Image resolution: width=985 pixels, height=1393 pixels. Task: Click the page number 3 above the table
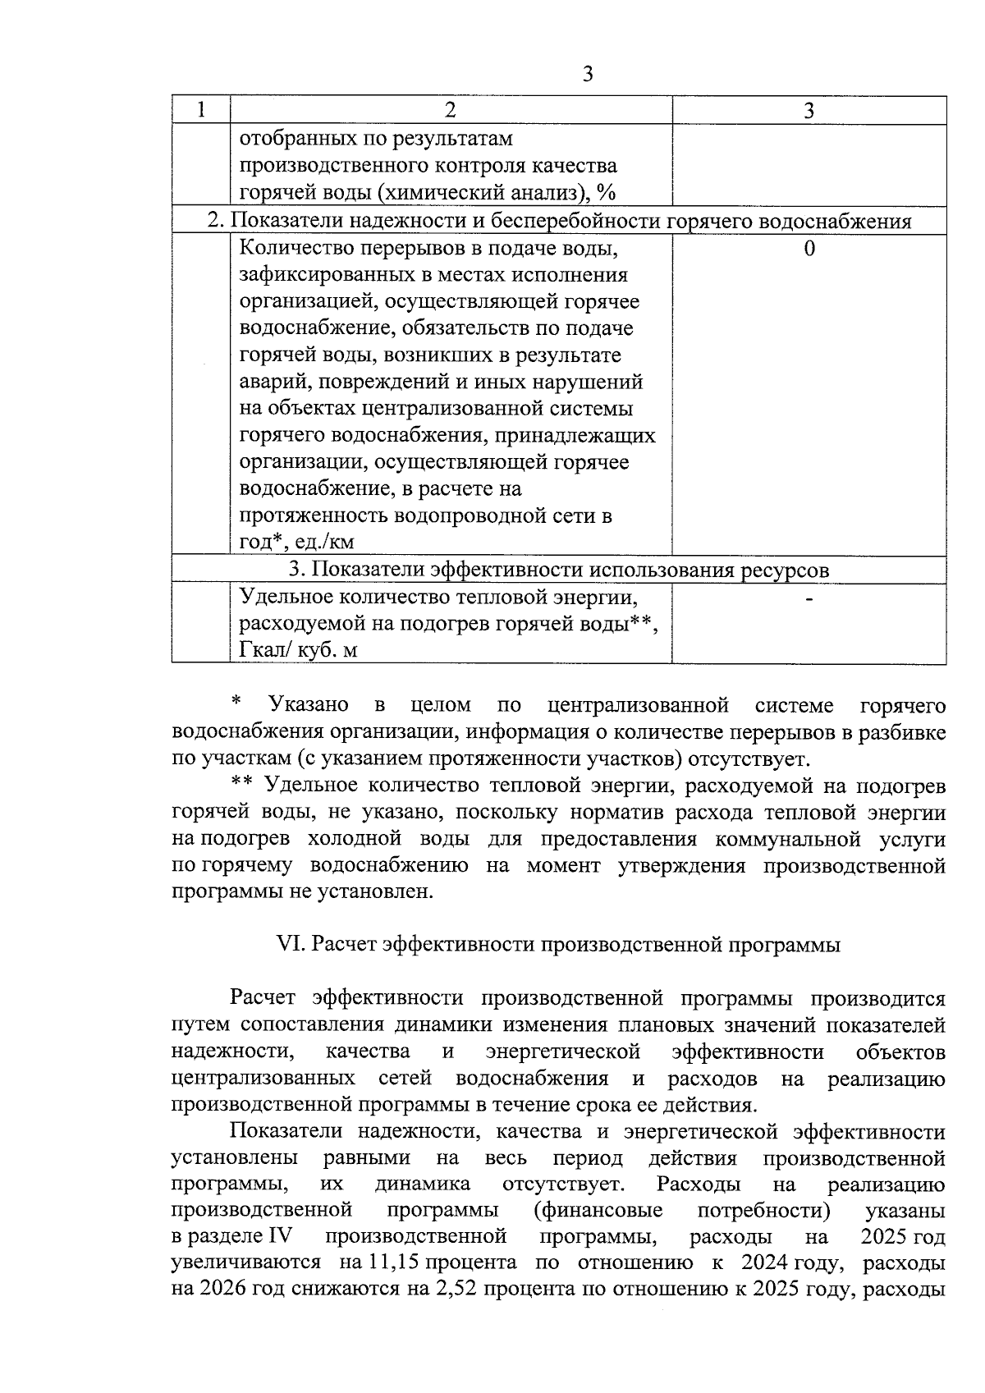pyautogui.click(x=587, y=75)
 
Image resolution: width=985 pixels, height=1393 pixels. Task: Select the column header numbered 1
pyautogui.click(x=201, y=110)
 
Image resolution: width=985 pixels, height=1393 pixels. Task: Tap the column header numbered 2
pyautogui.click(x=450, y=110)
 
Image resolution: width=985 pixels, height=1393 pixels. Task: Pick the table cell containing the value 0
pyautogui.click(x=809, y=249)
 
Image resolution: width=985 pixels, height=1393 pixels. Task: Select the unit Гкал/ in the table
pyautogui.click(x=266, y=650)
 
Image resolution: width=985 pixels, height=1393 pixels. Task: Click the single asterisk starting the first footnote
pyautogui.click(x=236, y=703)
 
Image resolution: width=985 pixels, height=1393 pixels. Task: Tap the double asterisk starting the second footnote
pyautogui.click(x=241, y=784)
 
